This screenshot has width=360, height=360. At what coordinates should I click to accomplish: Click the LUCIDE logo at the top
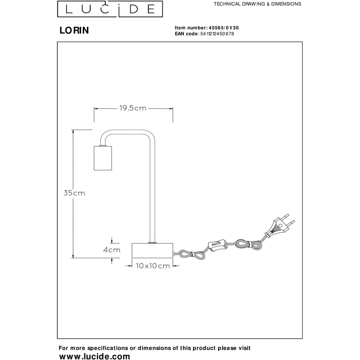110,9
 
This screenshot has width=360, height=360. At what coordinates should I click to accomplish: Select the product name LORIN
74,31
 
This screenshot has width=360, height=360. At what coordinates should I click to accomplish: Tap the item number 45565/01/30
224,28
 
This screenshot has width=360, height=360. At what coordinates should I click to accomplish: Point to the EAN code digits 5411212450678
217,34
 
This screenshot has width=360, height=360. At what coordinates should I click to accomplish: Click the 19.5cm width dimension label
133,108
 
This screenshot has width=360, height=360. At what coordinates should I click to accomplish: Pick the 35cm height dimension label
74,193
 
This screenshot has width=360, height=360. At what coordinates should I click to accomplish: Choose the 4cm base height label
112,250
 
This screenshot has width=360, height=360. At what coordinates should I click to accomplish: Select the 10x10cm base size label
153,266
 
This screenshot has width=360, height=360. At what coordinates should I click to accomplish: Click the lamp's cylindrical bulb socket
103,158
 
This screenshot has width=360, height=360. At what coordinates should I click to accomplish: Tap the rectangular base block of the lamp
152,251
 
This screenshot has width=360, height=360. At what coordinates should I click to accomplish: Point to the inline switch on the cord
217,244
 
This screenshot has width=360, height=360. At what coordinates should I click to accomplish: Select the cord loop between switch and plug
249,245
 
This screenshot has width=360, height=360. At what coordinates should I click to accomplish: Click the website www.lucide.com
95,356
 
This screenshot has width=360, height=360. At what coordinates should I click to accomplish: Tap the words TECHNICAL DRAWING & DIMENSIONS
257,4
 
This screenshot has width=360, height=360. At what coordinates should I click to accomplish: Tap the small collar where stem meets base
152,242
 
